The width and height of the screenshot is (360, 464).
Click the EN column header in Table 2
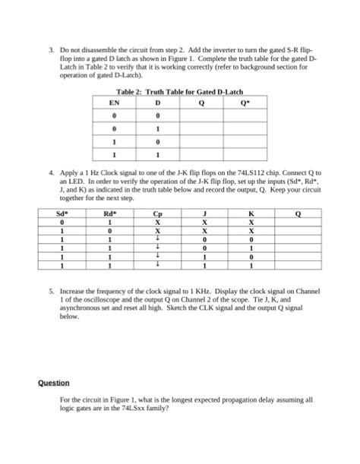coord(115,102)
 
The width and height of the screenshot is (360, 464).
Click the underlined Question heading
coord(54,383)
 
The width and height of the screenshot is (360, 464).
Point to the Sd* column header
coord(62,214)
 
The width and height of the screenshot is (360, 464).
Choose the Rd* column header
coord(109,214)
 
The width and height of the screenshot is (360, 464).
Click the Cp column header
coord(156,214)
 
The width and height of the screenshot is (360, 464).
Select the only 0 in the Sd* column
coord(62,223)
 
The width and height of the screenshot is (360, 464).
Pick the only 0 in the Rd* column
coord(109,231)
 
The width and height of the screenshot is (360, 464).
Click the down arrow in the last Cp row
coord(156,265)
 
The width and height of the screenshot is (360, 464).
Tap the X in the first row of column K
coord(251,223)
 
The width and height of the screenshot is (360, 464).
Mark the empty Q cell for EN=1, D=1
coord(201,155)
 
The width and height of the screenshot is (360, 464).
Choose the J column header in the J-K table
coord(204,214)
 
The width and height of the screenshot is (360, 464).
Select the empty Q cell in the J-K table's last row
coord(298,265)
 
